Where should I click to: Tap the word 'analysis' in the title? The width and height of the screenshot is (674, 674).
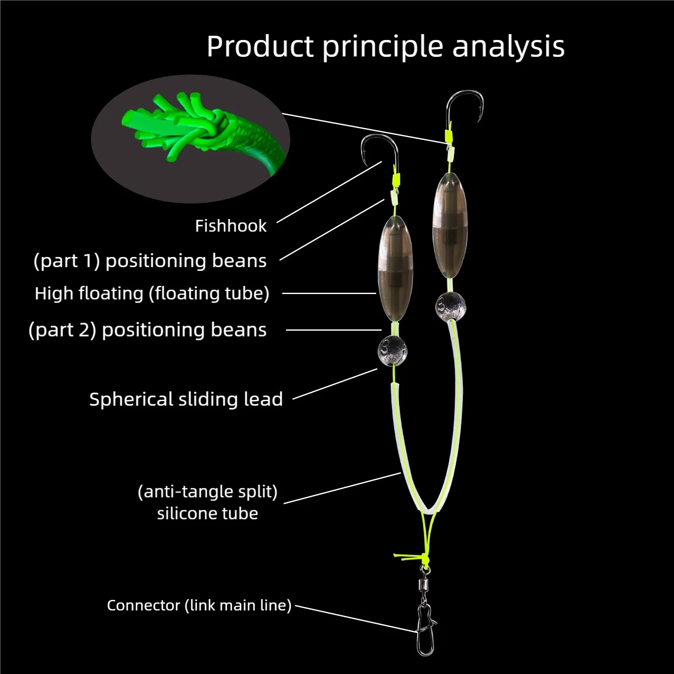click(x=508, y=47)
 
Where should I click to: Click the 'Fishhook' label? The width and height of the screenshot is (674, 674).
click(x=230, y=226)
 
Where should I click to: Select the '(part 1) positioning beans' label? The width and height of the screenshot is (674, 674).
click(x=150, y=261)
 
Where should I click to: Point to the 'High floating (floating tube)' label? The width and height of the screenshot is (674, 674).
click(x=152, y=294)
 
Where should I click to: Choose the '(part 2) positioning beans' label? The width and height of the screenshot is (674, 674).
click(x=147, y=330)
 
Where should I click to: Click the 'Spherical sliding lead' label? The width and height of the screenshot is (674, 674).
click(x=186, y=399)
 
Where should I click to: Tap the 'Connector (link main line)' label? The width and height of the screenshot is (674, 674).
click(x=199, y=605)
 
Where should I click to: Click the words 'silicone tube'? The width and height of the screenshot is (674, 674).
click(x=207, y=514)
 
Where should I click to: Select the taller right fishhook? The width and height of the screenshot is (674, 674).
click(x=465, y=105)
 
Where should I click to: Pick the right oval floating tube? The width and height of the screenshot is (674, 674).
click(x=450, y=225)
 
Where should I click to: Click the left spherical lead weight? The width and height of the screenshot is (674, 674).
click(x=392, y=350)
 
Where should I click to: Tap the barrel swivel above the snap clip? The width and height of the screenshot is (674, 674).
click(x=423, y=585)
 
